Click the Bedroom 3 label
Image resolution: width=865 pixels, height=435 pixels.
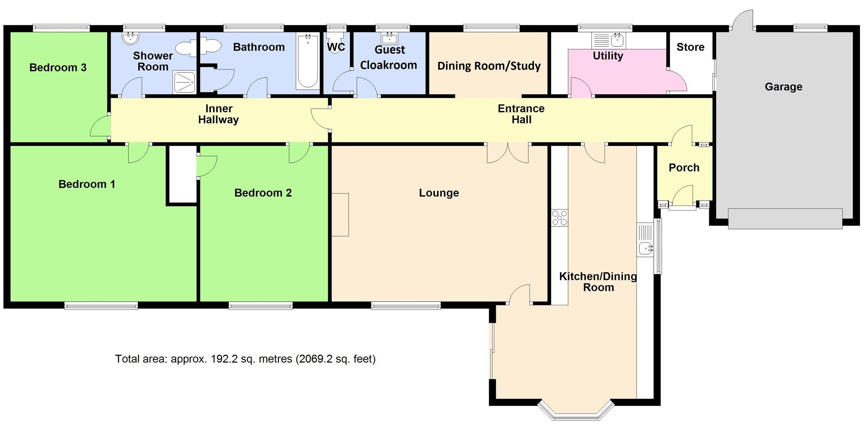tap(58, 68)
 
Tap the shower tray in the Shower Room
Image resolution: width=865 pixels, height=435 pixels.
tap(184, 82)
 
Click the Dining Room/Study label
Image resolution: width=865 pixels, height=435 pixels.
tap(489, 66)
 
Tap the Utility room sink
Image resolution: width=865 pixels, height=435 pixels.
tap(618, 41)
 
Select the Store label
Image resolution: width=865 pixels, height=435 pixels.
tap(690, 47)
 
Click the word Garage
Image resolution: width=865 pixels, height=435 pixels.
tap(783, 87)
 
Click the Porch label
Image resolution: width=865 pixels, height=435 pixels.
tap(684, 168)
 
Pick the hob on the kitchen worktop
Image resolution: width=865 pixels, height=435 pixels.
tap(560, 218)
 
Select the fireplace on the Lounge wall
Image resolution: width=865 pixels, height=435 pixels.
tap(340, 215)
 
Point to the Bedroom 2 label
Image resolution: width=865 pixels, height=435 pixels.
tap(263, 193)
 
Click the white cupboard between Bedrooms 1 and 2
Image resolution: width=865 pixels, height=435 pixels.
tap(182, 174)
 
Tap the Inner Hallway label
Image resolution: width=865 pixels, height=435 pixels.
tap(219, 114)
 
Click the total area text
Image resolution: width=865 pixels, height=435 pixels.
tap(245, 359)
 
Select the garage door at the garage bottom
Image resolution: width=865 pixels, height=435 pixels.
tap(785, 219)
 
